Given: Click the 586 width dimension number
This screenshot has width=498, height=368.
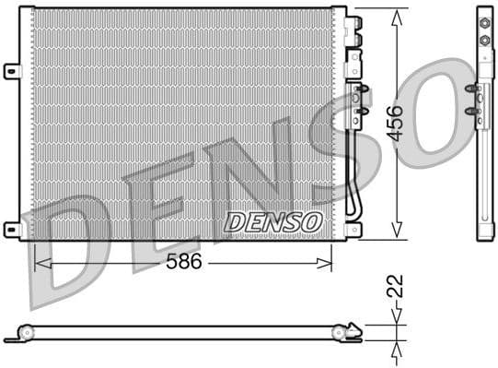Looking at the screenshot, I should click(x=184, y=262).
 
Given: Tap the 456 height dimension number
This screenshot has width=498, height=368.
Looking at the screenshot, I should click(x=395, y=122).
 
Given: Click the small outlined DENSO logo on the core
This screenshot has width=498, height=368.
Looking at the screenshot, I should click(x=273, y=221).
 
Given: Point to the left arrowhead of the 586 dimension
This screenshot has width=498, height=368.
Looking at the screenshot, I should click(x=38, y=263).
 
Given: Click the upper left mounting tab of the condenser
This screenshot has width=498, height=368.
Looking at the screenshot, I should click(x=11, y=70).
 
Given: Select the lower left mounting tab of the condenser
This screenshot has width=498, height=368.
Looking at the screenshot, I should click(x=11, y=228).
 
